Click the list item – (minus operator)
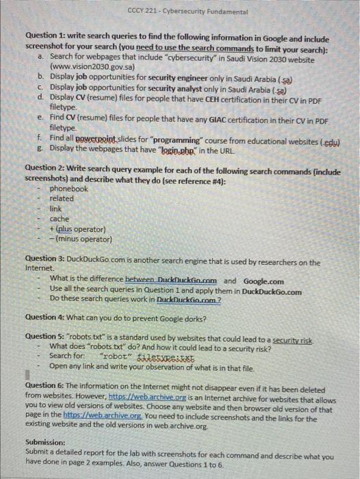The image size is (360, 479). (80, 239)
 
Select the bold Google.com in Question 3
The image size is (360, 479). (263, 281)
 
